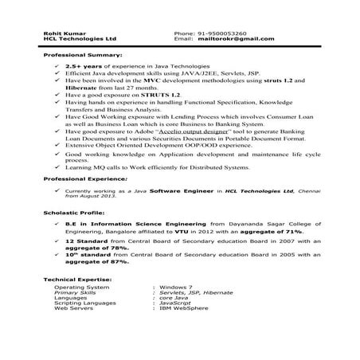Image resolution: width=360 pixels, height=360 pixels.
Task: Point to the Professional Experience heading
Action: point(85,181)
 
